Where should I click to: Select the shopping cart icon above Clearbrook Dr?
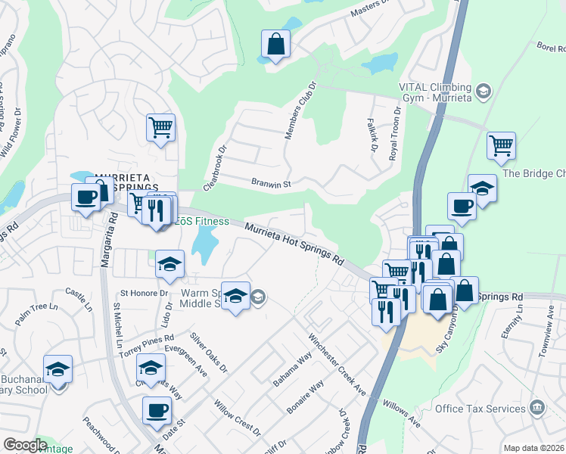160,128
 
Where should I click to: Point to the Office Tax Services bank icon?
536,408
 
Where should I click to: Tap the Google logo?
25,445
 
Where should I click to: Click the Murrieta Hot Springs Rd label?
294,243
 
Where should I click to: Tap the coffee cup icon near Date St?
157,411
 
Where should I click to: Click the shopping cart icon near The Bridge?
501,145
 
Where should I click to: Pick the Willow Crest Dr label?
237,418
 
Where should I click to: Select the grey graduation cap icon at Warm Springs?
258,297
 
